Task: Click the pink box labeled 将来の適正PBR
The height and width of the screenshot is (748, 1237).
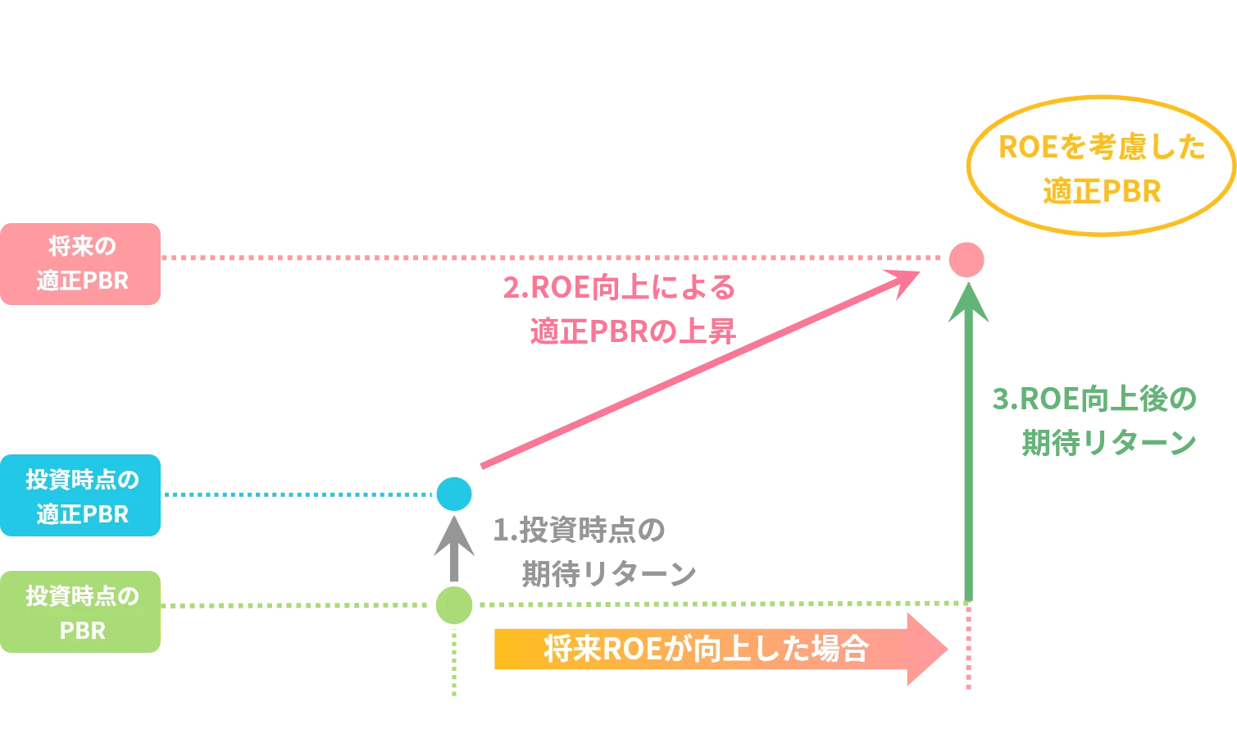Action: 81,264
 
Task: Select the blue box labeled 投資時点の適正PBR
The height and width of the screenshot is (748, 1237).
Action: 81,495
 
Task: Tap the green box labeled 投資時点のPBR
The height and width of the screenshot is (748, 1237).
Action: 81,613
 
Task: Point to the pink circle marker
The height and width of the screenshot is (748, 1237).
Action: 966,259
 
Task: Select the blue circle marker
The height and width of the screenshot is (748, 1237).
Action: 454,494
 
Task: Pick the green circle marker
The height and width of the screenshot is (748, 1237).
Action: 454,605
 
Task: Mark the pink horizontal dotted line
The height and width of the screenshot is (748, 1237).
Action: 549,256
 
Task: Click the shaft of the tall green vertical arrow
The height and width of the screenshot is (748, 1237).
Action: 969,459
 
